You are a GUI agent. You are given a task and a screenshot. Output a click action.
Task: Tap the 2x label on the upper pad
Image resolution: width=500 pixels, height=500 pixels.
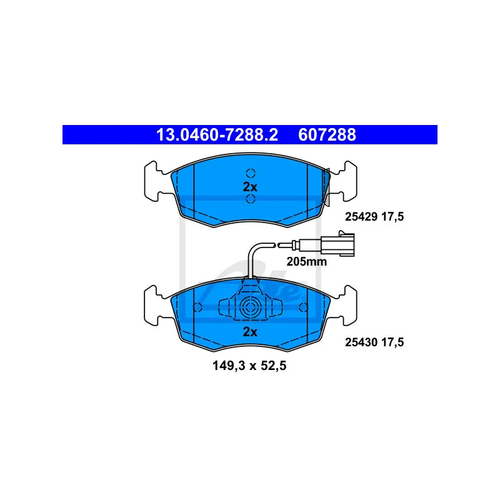249,186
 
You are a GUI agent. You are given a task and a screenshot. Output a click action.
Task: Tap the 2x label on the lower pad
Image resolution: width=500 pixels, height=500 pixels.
249,332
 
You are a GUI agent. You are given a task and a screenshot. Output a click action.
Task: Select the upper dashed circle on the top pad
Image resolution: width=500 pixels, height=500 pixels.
250,173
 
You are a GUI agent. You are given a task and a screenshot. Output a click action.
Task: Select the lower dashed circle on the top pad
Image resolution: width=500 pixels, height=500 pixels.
250,199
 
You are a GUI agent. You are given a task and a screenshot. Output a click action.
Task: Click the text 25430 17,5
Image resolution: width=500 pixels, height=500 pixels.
375,342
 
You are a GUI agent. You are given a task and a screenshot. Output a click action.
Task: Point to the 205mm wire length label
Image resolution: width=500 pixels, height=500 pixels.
306,262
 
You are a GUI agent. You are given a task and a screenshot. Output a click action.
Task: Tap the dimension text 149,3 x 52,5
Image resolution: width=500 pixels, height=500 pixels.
249,367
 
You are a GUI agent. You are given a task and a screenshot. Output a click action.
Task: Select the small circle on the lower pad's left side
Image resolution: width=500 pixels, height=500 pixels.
197,307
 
